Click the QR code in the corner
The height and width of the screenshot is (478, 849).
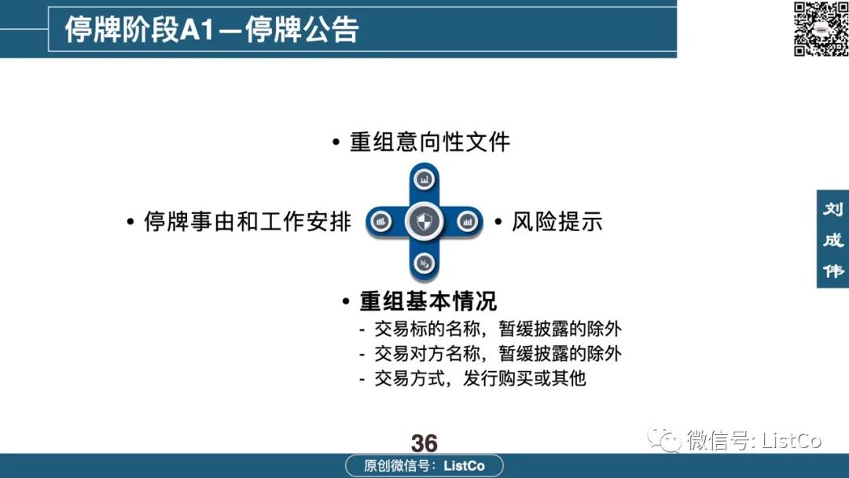point(821,28)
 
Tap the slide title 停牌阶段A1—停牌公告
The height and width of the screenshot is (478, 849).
point(211,29)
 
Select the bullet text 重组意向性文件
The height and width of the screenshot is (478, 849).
point(430,142)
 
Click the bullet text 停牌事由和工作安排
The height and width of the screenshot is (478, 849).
point(248,222)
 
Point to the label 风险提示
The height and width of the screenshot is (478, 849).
point(557,222)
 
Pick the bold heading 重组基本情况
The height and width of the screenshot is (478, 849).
point(428,301)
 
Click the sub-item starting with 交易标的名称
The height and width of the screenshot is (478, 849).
point(498,329)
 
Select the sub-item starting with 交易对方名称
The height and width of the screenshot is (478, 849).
point(498,354)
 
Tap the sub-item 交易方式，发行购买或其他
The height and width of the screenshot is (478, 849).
point(480,378)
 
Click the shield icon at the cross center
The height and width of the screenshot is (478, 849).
point(424,222)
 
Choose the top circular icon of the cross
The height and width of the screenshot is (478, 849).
point(424,179)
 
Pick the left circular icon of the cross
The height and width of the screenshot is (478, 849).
point(381,222)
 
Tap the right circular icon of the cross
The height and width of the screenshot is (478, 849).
point(467,222)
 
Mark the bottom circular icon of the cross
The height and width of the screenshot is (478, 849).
point(424,263)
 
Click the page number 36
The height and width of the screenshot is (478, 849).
point(424,443)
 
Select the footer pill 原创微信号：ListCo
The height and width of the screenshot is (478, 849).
point(424,465)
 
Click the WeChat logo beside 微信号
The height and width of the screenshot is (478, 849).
point(664,439)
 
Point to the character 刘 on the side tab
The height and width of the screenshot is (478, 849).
point(833,209)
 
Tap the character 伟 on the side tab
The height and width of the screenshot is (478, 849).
point(833,270)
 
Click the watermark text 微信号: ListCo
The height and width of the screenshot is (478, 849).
point(754,439)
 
